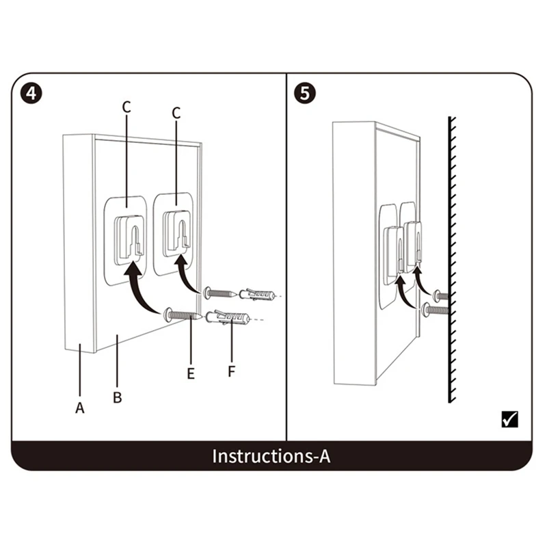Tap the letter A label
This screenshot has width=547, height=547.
click(80, 408)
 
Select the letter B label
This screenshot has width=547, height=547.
click(117, 397)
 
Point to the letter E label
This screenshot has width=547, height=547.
click(191, 373)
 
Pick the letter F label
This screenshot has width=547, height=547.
click(231, 373)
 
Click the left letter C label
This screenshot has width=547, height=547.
click(126, 107)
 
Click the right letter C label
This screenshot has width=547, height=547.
click(176, 114)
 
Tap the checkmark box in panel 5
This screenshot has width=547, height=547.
click(509, 418)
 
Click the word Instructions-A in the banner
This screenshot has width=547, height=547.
click(271, 456)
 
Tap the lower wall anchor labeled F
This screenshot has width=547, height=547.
click(229, 318)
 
